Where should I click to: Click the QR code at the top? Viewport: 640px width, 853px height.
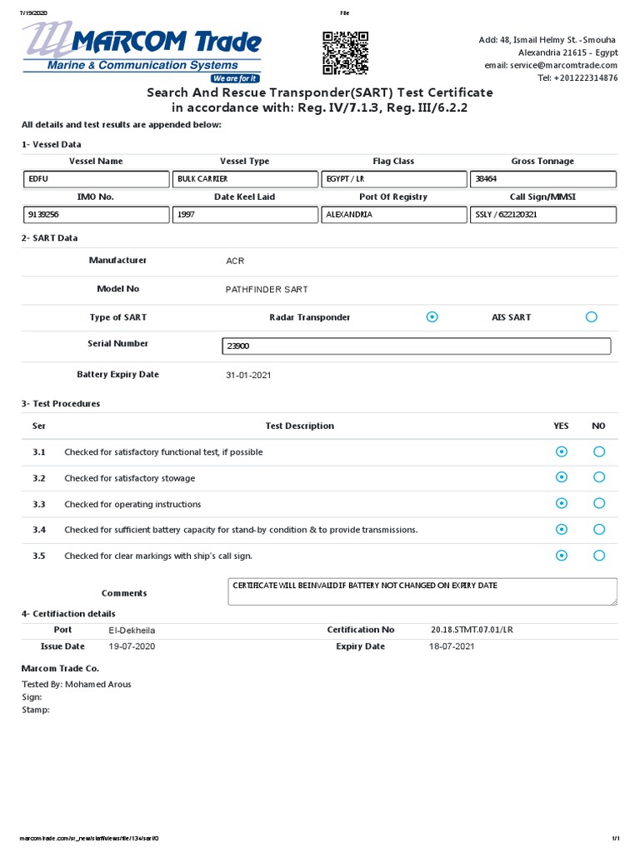(x=345, y=52)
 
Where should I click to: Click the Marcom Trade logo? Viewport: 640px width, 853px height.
(x=142, y=52)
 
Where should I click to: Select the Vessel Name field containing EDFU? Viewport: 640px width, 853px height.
(x=97, y=179)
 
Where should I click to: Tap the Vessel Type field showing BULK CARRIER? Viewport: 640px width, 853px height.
(x=246, y=179)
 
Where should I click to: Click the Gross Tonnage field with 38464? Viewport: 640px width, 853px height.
(x=542, y=179)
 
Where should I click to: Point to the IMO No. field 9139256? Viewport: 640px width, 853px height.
(x=97, y=215)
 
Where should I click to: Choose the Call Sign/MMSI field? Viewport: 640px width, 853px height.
(x=542, y=215)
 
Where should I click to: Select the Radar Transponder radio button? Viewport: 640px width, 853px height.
(x=432, y=317)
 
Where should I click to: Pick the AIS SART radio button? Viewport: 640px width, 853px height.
(x=592, y=317)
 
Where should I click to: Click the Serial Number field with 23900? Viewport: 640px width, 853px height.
(x=417, y=347)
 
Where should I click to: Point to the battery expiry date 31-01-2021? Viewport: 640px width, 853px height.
(x=248, y=376)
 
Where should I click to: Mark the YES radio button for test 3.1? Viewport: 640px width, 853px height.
(x=562, y=452)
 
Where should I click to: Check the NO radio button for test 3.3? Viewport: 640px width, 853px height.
(x=599, y=504)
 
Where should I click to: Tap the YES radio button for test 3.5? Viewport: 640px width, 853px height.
(x=562, y=556)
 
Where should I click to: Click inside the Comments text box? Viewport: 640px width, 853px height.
(x=422, y=591)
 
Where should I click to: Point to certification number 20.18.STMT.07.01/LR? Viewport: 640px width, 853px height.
(x=472, y=631)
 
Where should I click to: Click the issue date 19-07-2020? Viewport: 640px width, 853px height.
(x=132, y=646)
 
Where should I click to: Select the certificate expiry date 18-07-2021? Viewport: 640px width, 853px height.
(x=452, y=646)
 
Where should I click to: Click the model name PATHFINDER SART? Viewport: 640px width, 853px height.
(x=267, y=290)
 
